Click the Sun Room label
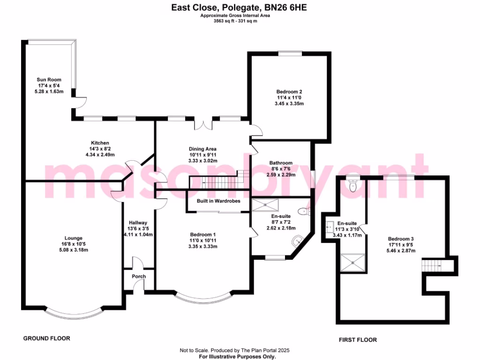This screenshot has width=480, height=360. click(49, 80)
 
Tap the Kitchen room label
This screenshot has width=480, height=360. click(100, 143)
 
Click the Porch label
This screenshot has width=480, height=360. click(138, 277)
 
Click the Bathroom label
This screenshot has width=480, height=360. click(281, 163)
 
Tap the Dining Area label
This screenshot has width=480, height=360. click(202, 149)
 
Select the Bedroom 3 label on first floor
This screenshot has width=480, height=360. click(400, 239)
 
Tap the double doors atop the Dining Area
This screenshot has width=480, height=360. click(203, 124)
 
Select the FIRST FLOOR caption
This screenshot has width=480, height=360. click(358, 340)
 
